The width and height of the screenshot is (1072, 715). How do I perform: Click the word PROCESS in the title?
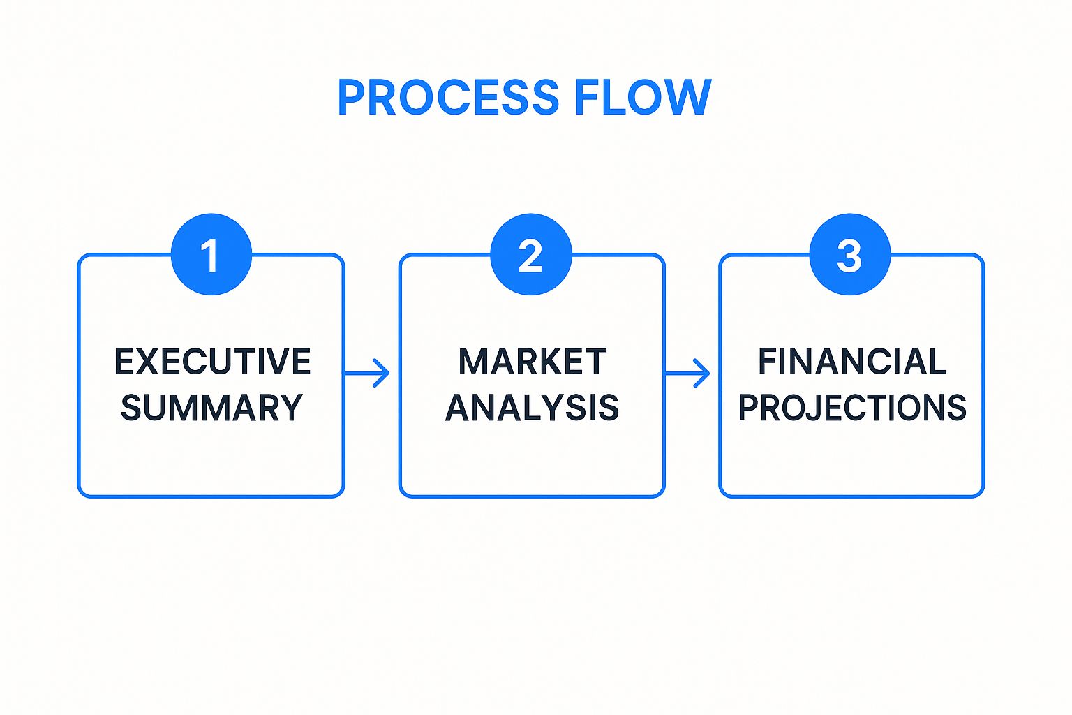click(x=448, y=97)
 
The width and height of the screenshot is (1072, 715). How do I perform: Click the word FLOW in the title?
click(x=642, y=97)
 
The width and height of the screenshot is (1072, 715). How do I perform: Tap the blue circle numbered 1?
click(x=211, y=254)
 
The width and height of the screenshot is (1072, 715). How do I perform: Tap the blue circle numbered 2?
click(x=531, y=254)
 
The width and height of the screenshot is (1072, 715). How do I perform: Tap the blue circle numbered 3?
click(x=849, y=254)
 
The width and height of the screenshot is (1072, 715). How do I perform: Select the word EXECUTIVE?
click(x=212, y=362)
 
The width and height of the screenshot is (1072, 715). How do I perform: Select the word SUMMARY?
click(x=211, y=408)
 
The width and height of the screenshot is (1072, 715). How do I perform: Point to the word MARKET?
click(x=532, y=362)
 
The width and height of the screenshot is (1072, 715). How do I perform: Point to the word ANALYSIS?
click(x=532, y=408)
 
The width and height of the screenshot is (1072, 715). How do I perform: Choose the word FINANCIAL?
click(x=852, y=362)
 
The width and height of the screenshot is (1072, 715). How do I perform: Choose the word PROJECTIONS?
click(x=852, y=408)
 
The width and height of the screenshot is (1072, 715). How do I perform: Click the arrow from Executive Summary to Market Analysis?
click(x=367, y=374)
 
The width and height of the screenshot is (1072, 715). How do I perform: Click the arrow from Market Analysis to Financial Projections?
click(x=687, y=374)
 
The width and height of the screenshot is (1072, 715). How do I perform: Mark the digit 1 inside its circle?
click(x=209, y=256)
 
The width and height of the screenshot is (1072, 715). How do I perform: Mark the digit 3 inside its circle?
click(x=849, y=256)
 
